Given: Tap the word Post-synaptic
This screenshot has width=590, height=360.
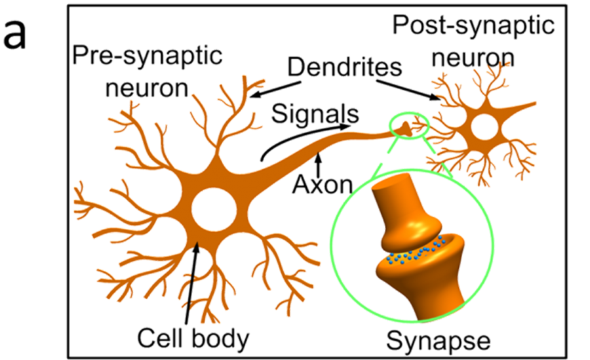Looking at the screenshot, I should pyautogui.click(x=473, y=27).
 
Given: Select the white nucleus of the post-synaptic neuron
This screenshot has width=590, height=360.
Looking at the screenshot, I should pyautogui.click(x=485, y=127).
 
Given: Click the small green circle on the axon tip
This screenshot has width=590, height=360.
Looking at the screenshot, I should pyautogui.click(x=408, y=127).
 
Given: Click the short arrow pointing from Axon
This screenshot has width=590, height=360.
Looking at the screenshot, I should pyautogui.click(x=319, y=162).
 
